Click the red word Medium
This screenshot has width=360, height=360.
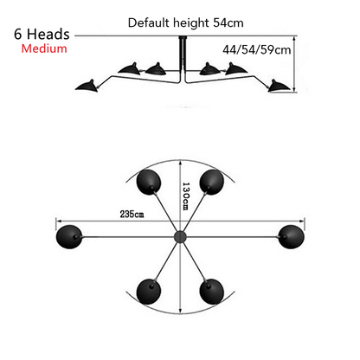[44, 48]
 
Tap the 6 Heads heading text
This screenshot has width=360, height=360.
[42, 34]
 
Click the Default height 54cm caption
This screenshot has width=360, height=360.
[186, 22]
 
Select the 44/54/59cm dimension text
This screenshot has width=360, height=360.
[257, 49]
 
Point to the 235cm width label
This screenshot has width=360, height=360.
[132, 215]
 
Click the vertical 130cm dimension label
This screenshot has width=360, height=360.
[186, 196]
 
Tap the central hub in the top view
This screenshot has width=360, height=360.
[180, 237]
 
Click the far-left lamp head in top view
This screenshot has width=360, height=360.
[69, 237]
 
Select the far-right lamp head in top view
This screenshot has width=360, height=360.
[291, 237]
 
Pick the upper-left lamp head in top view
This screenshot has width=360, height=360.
[149, 182]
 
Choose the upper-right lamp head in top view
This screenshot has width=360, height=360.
[212, 182]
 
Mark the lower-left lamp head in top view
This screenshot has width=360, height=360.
[149, 292]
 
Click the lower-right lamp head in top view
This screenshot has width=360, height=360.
[212, 292]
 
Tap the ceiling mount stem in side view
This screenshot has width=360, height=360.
[183, 59]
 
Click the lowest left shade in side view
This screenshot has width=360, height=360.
[87, 86]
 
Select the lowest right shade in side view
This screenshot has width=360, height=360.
[279, 86]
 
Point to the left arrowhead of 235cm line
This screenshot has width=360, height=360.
[59, 222]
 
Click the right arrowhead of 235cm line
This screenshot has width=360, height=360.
[302, 222]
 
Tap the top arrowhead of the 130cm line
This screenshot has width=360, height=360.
[180, 164]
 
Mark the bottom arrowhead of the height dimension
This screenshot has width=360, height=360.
[294, 89]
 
